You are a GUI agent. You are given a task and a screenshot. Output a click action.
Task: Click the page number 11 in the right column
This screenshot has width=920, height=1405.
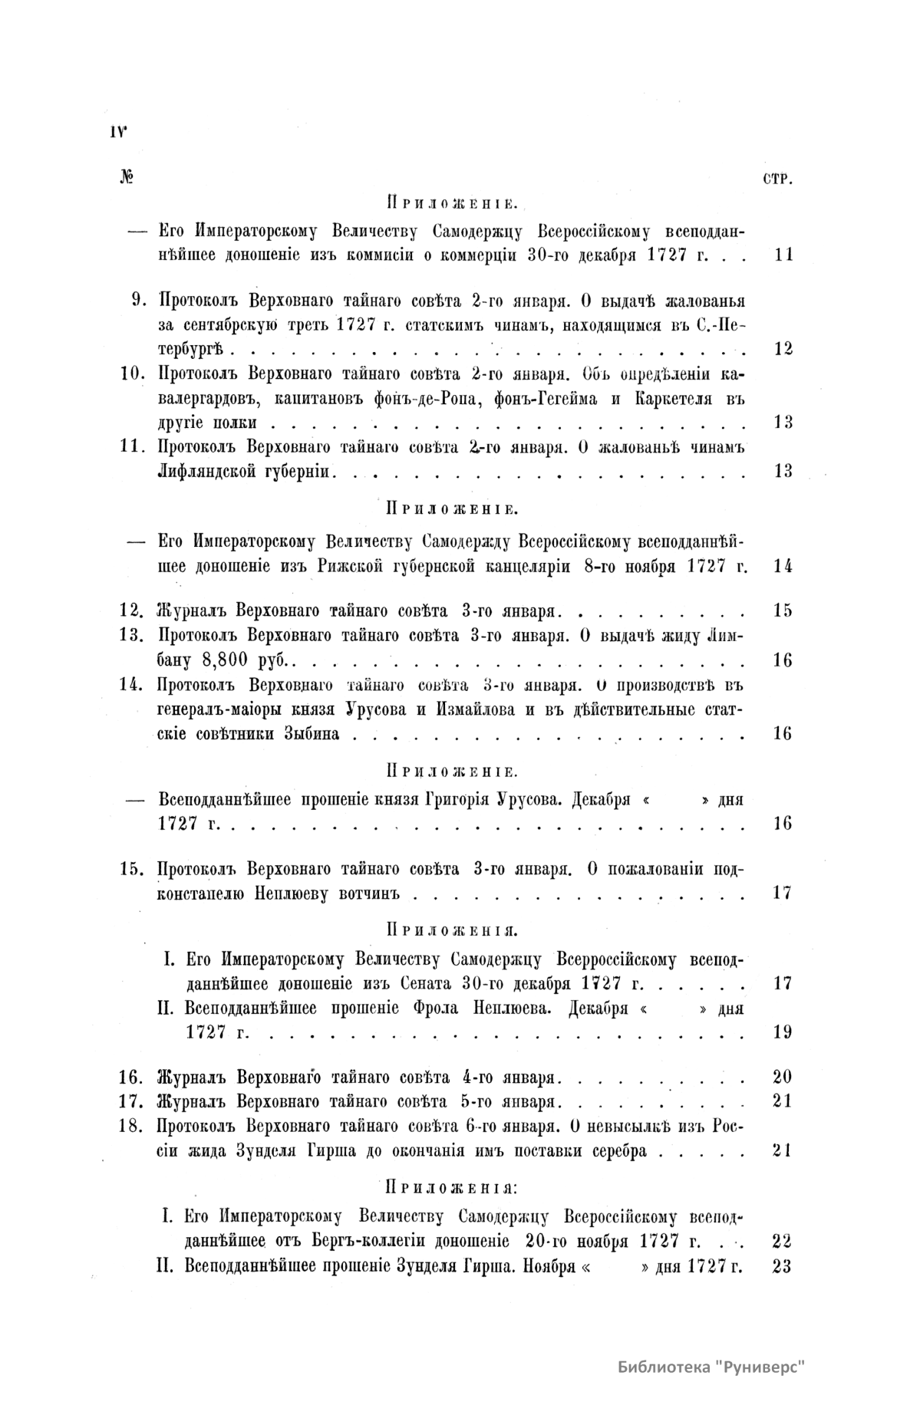coord(783,255)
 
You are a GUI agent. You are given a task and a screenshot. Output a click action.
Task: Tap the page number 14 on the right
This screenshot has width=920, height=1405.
coord(783,567)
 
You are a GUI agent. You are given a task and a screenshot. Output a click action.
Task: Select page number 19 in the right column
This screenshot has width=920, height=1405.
coord(783,1032)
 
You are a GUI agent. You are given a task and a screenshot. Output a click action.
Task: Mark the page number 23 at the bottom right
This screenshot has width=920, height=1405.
coord(782,1266)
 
